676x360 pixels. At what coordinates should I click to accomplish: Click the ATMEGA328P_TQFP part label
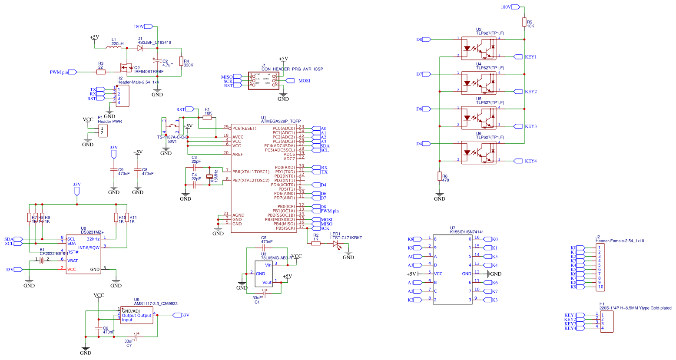point(281,122)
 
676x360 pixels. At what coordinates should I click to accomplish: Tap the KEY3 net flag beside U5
point(518,126)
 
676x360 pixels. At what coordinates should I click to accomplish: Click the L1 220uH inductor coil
point(114,48)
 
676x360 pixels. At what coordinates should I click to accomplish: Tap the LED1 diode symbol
point(336,244)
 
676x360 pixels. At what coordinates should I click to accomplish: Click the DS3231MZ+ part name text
point(92,232)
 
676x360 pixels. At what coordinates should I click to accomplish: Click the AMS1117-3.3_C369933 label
point(156,304)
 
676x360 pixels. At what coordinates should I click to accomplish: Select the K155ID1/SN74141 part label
point(467,232)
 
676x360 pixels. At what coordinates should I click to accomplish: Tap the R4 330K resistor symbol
point(181,62)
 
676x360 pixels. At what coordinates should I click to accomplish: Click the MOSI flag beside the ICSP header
point(291,81)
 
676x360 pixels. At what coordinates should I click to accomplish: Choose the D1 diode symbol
point(140,48)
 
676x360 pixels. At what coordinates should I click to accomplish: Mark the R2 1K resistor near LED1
point(316,244)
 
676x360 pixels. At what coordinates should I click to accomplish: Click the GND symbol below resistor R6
point(439,196)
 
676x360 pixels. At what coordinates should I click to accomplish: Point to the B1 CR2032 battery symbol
point(42,260)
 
